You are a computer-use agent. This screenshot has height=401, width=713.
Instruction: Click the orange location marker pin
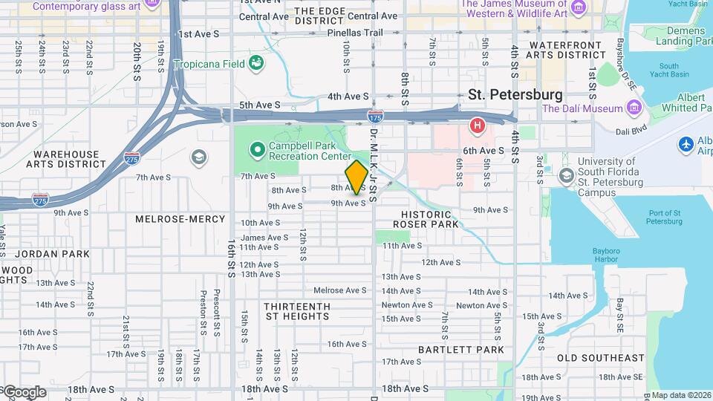pyautogui.click(x=356, y=177)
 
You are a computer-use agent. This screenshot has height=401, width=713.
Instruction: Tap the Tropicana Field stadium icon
pyautogui.click(x=256, y=63)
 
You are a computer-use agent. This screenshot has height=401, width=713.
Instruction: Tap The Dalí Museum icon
pyautogui.click(x=634, y=109)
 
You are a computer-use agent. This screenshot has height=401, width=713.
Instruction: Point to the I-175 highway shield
pyautogui.click(x=376, y=117)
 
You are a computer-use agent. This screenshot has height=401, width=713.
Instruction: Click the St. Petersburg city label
pyautogui.click(x=515, y=95)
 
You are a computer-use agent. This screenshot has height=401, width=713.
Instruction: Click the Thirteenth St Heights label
pyautogui.click(x=296, y=311)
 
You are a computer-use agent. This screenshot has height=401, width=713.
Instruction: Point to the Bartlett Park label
pyautogui.click(x=460, y=349)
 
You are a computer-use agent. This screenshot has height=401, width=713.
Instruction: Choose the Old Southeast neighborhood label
pyautogui.click(x=601, y=358)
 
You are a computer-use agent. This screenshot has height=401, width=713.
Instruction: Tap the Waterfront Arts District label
pyautogui.click(x=567, y=50)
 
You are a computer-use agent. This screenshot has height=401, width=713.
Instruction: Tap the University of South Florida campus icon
pyautogui.click(x=567, y=175)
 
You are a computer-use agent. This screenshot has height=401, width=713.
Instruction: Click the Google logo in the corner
pyautogui.click(x=24, y=392)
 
